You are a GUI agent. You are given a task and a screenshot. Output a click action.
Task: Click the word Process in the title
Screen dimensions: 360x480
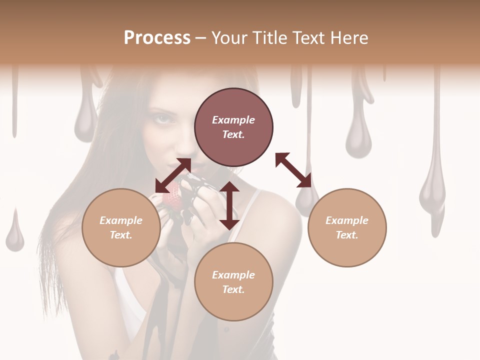[157, 38]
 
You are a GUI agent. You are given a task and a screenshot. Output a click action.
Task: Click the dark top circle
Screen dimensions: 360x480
[233, 127]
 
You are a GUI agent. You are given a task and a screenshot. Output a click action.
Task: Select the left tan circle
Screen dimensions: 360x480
[121, 227]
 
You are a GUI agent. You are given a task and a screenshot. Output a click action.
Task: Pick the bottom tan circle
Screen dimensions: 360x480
[233, 282]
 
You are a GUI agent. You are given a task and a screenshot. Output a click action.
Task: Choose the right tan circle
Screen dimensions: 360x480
[347, 227]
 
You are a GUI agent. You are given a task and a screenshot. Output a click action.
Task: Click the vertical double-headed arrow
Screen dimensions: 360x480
[229, 205]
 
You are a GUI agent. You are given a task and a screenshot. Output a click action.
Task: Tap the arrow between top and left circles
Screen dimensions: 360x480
[173, 175]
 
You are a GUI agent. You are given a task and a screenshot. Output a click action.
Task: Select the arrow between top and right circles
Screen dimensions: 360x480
[293, 170]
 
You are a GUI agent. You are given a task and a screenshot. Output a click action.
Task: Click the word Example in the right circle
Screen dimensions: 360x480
[347, 220]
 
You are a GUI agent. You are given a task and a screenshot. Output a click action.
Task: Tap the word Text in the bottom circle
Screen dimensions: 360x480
[233, 289]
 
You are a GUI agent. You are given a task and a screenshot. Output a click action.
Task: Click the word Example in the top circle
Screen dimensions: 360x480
[233, 120]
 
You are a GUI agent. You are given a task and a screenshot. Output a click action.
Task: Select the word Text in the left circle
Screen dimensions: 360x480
[120, 235]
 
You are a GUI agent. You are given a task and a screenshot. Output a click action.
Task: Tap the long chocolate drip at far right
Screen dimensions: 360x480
[433, 190]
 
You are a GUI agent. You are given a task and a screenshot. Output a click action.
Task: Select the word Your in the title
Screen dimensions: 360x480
[230, 38]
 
